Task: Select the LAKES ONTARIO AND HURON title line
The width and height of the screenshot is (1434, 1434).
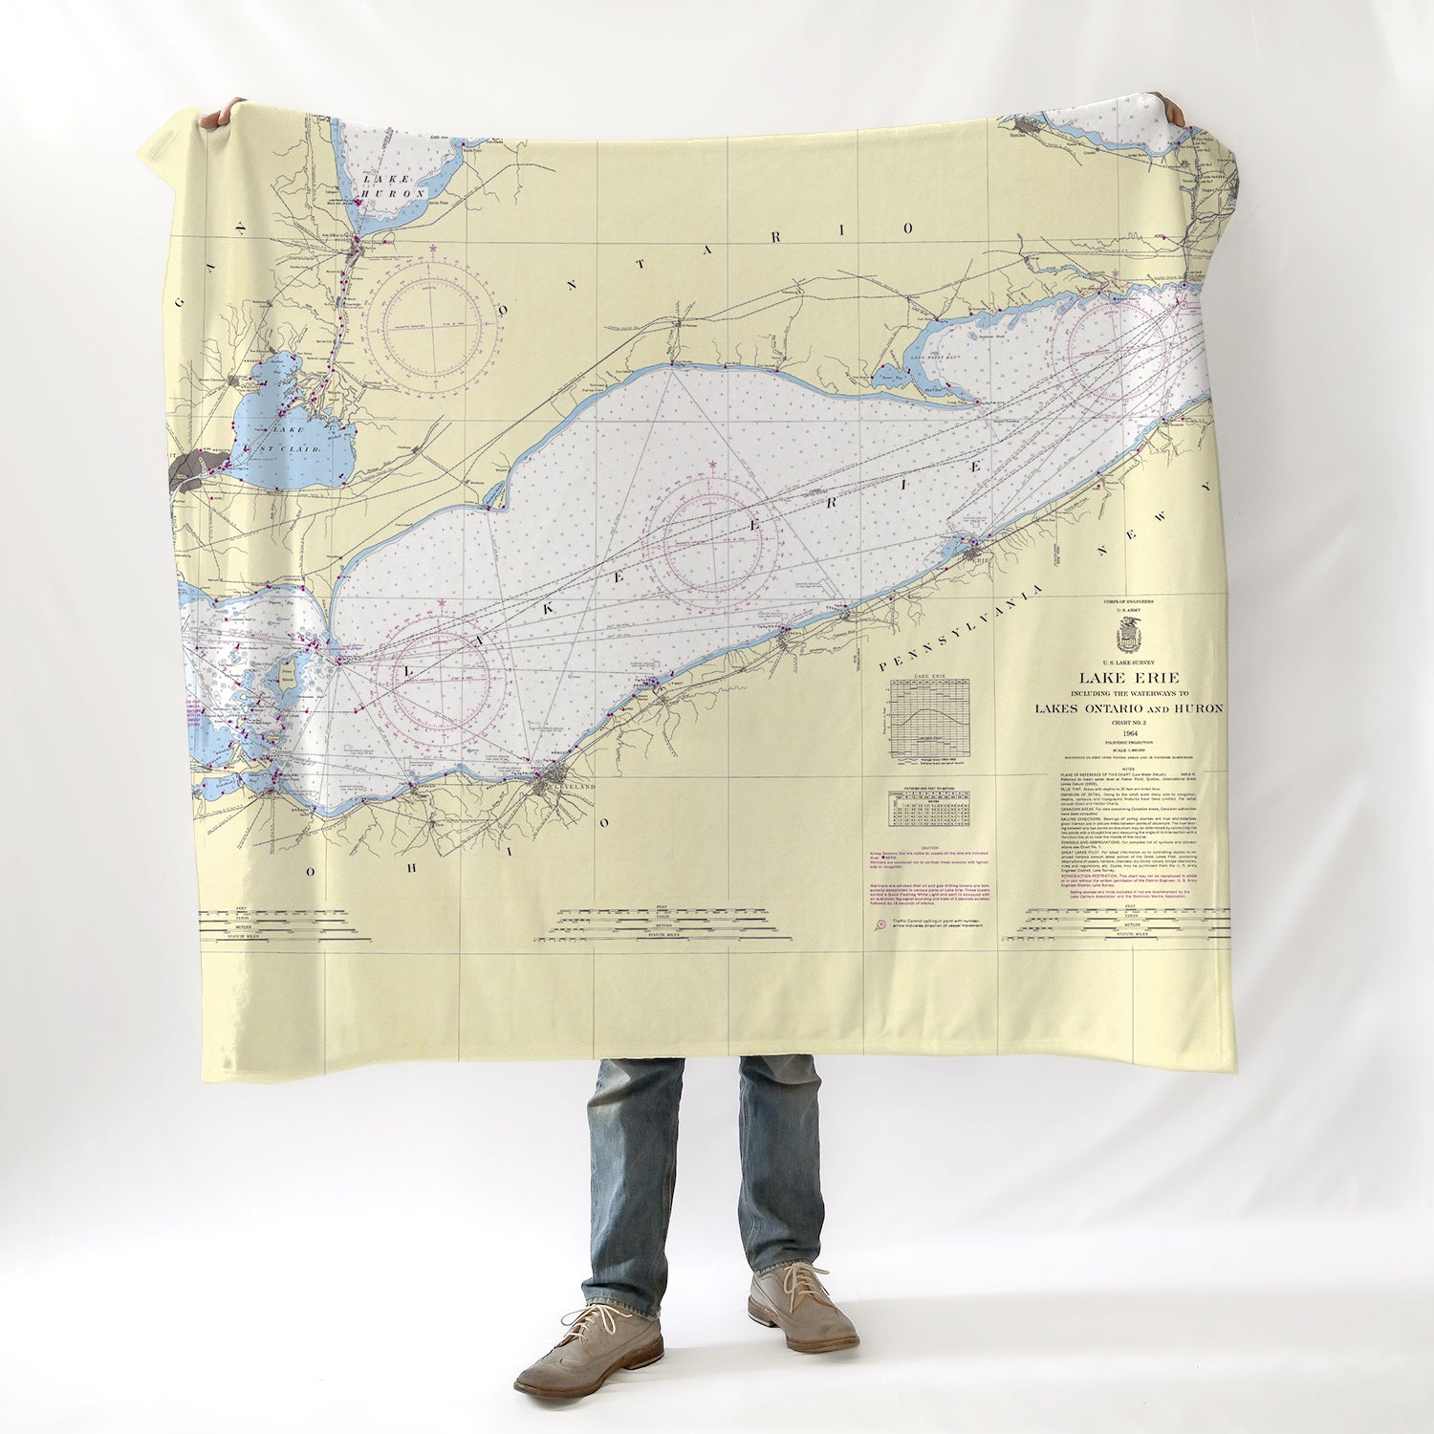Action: [x=1128, y=708]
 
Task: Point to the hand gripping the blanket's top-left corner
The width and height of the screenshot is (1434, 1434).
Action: [x=219, y=115]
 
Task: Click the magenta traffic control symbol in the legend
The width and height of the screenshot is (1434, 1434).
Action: [x=880, y=924]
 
